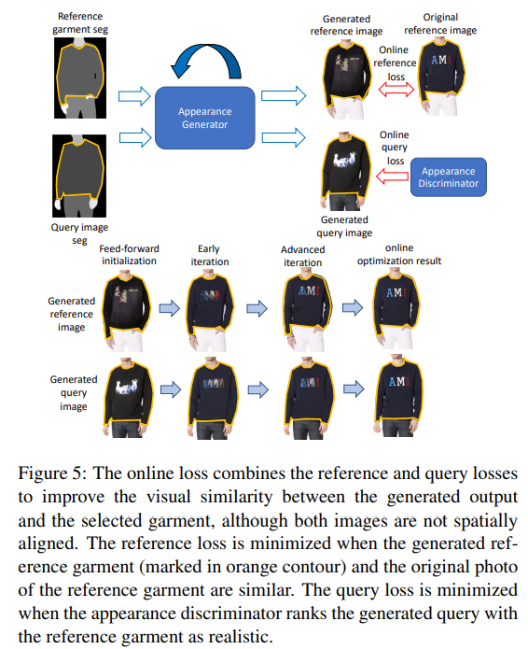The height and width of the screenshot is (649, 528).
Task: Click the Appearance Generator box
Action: pyautogui.click(x=204, y=118)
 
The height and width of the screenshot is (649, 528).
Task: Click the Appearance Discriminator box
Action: pyautogui.click(x=449, y=177)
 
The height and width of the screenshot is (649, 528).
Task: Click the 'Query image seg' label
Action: pyautogui.click(x=77, y=233)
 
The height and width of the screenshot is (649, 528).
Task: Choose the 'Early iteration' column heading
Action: pyautogui.click(x=210, y=255)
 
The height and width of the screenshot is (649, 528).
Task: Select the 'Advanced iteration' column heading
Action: pyautogui.click(x=302, y=255)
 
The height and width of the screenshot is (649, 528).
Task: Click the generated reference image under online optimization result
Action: pyautogui.click(x=396, y=307)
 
